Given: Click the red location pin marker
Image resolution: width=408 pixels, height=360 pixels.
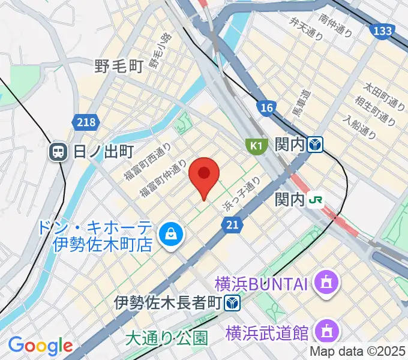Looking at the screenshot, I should coord(203,175).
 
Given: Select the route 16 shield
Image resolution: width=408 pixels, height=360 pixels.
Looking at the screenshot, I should coord(267,107).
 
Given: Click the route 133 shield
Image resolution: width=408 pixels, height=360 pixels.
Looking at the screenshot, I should coord(382,31).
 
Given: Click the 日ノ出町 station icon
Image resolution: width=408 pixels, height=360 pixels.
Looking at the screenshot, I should coord(59,151).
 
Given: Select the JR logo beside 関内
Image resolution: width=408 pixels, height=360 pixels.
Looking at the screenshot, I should coord(315,200).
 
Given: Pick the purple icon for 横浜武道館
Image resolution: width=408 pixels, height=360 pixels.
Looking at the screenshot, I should coord(326,331).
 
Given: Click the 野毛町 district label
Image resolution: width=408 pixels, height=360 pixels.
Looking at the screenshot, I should coord(118,67).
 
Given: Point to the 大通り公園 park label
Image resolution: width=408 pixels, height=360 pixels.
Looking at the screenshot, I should coord(166,338).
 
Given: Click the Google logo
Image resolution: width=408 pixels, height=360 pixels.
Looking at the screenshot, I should coord(40,346).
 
